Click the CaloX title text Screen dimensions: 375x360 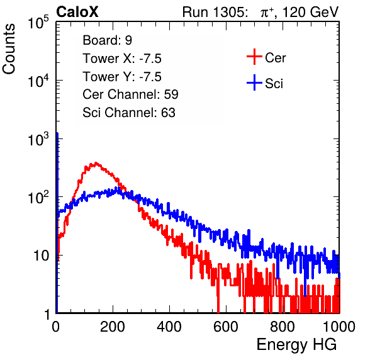(x=77, y=12)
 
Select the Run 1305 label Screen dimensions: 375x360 (x=215, y=12)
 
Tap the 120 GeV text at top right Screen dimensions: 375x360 (x=311, y=12)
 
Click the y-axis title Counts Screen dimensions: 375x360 (x=9, y=49)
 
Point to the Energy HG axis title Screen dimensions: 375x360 (x=296, y=345)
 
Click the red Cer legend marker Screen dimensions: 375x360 (x=254, y=57)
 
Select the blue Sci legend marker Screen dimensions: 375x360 (x=254, y=83)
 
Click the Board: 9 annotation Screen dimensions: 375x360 (x=108, y=40)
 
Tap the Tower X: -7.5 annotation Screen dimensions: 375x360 (x=122, y=59)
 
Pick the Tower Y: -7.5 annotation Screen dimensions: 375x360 (x=122, y=77)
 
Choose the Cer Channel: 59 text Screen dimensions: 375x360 (x=130, y=94)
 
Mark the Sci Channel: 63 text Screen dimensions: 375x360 (x=129, y=113)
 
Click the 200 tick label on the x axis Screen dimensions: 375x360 (x=113, y=327)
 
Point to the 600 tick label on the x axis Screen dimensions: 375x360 (x=226, y=327)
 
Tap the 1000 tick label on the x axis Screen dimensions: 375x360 (x=339, y=327)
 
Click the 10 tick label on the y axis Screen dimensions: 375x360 (x=42, y=256)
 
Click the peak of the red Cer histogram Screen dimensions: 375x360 (x=96, y=163)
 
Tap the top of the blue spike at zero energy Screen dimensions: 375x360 (x=57, y=133)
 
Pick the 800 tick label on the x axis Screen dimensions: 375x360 (x=283, y=327)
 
